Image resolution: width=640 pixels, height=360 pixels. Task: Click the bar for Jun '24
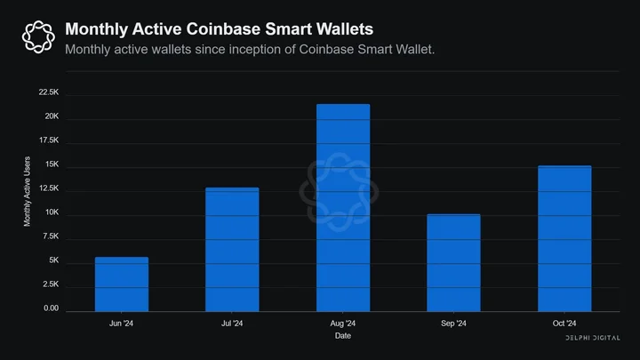pyautogui.click(x=122, y=284)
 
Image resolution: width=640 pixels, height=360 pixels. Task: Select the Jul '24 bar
pyautogui.click(x=232, y=250)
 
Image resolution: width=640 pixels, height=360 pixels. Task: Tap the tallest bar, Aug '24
pyautogui.click(x=343, y=208)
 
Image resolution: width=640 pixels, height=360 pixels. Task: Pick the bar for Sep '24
pyautogui.click(x=453, y=263)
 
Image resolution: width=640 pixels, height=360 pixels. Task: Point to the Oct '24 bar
pyautogui.click(x=564, y=238)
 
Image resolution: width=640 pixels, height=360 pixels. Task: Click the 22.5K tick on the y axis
pyautogui.click(x=49, y=92)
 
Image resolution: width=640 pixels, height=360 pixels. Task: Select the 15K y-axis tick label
pyautogui.click(x=52, y=164)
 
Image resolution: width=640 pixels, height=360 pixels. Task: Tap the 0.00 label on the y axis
pyautogui.click(x=51, y=308)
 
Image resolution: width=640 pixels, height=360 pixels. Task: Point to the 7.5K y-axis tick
pyautogui.click(x=51, y=236)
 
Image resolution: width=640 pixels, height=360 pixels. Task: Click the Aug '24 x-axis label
pyautogui.click(x=343, y=324)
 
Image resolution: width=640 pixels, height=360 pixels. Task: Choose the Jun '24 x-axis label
pyautogui.click(x=121, y=324)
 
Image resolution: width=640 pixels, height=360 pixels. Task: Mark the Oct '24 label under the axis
pyautogui.click(x=564, y=324)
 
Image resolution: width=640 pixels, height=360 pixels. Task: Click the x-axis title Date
pyautogui.click(x=343, y=335)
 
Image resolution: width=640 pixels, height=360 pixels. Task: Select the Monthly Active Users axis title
pyautogui.click(x=27, y=191)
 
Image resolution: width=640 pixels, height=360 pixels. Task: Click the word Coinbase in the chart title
pyautogui.click(x=223, y=29)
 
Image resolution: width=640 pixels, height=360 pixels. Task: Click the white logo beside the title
pyautogui.click(x=38, y=36)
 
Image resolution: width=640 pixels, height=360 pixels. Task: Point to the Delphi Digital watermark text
pyautogui.click(x=593, y=338)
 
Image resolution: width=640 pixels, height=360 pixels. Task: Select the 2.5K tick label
pyautogui.click(x=51, y=284)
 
